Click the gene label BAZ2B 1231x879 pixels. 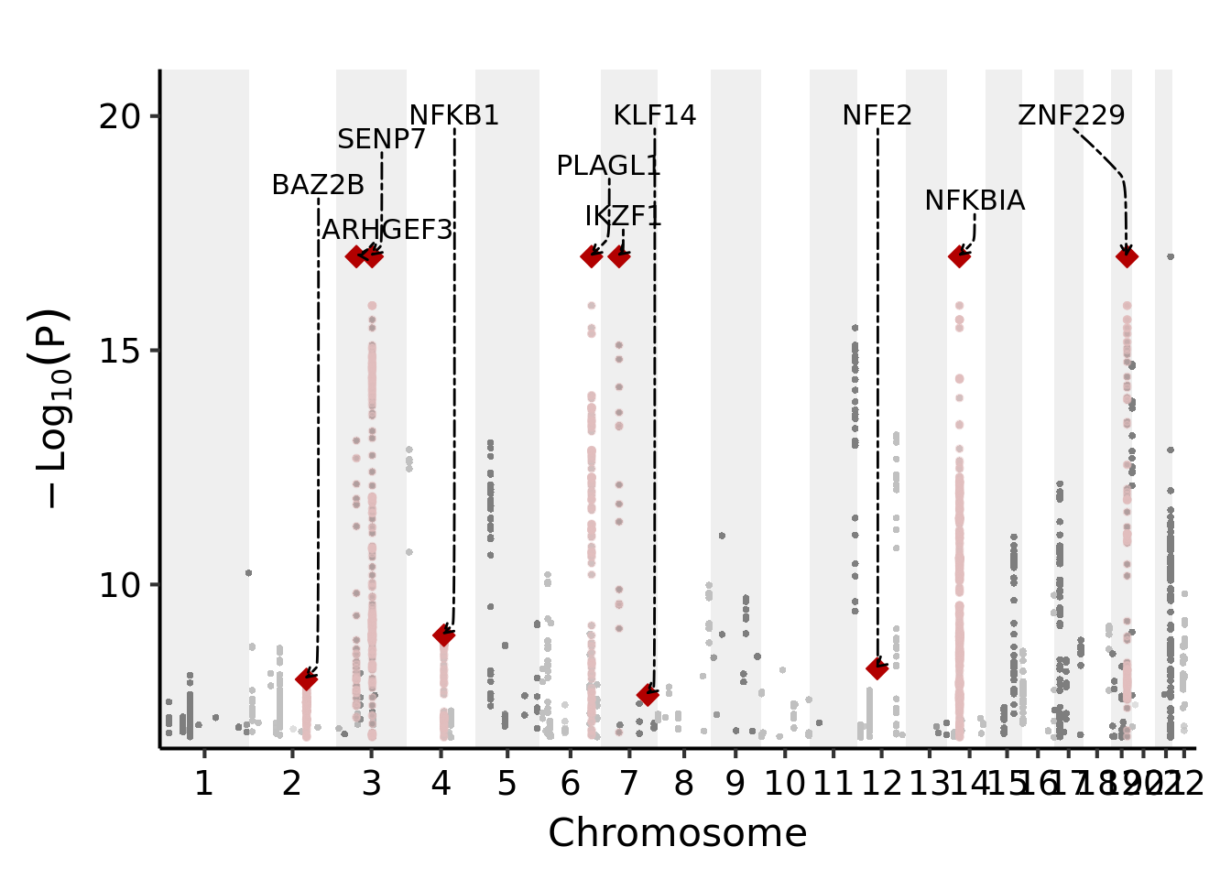(318, 185)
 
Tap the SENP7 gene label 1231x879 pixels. (381, 139)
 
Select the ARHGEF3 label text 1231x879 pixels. (387, 230)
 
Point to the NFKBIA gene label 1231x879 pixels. (975, 201)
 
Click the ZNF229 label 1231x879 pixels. (1071, 115)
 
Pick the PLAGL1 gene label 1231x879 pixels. (608, 166)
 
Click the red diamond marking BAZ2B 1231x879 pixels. (306, 678)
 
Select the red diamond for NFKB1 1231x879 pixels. (444, 635)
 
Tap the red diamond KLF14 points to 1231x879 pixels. (648, 694)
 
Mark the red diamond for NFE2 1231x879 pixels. (877, 668)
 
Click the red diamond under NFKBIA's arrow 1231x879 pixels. (959, 256)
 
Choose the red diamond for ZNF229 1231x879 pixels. (1127, 256)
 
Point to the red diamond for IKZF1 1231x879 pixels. (620, 256)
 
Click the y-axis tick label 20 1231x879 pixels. (119, 116)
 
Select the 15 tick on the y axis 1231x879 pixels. (119, 351)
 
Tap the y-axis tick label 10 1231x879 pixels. (119, 585)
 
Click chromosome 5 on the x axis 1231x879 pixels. (507, 784)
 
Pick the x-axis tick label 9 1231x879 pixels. (735, 784)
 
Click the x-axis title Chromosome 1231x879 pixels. (677, 833)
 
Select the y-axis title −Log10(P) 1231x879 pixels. (51, 408)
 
